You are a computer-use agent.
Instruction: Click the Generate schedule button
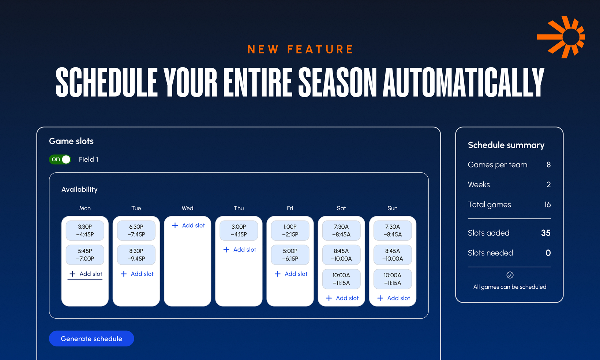pyautogui.click(x=91, y=338)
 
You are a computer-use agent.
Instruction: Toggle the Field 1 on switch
pyautogui.click(x=60, y=160)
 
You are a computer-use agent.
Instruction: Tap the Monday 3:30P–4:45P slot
pyautogui.click(x=85, y=230)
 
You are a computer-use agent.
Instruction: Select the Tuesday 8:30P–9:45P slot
pyautogui.click(x=136, y=255)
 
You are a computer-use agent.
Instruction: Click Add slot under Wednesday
pyautogui.click(x=188, y=225)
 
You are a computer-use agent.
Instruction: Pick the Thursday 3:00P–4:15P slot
pyautogui.click(x=239, y=230)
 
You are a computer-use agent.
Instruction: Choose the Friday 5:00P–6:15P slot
pyautogui.click(x=290, y=255)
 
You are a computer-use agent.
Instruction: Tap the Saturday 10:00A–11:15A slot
pyautogui.click(x=341, y=279)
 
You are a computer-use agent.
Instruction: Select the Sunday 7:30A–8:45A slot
pyautogui.click(x=393, y=230)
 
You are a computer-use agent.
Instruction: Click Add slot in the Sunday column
pyautogui.click(x=394, y=298)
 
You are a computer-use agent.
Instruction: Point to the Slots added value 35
pyautogui.click(x=545, y=233)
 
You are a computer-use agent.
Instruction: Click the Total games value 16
pyautogui.click(x=547, y=205)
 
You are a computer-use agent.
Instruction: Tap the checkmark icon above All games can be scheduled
pyautogui.click(x=510, y=275)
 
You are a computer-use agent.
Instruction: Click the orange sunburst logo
pyautogui.click(x=562, y=37)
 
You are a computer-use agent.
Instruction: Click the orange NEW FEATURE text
pyautogui.click(x=300, y=49)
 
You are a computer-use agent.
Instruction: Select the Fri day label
pyautogui.click(x=290, y=208)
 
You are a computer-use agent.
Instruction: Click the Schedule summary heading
pyautogui.click(x=506, y=145)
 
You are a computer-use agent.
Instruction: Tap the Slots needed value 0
pyautogui.click(x=548, y=253)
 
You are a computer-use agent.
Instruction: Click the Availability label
pyautogui.click(x=79, y=190)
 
